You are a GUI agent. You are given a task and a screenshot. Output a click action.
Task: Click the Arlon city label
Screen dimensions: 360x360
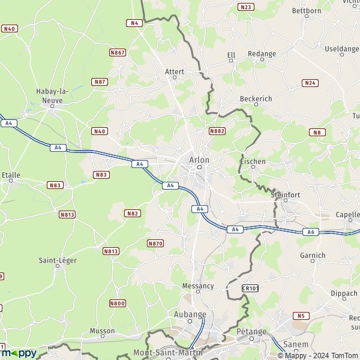pyautogui.click(x=199, y=160)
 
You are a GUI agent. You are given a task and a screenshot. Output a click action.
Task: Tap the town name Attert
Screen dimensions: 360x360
pyautogui.click(x=175, y=71)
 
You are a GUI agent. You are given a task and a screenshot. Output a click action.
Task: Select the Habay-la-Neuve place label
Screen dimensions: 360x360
pyautogui.click(x=52, y=95)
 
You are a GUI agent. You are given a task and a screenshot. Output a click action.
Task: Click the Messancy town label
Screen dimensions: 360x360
pyautogui.click(x=197, y=286)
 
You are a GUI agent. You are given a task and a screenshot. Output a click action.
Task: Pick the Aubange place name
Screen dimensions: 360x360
pyautogui.click(x=190, y=314)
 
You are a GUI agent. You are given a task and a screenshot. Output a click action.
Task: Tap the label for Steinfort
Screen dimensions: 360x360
pyautogui.click(x=284, y=194)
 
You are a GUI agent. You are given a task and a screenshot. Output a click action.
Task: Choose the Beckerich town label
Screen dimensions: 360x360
pyautogui.click(x=256, y=98)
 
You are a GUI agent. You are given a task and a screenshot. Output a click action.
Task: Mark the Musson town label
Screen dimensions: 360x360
pyautogui.click(x=101, y=331)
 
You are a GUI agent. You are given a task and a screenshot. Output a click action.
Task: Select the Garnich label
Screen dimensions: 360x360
pyautogui.click(x=313, y=255)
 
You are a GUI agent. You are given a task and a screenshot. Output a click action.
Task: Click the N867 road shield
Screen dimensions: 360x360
pyautogui.click(x=118, y=53)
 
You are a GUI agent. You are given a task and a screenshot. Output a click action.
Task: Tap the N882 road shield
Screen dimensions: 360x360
pyautogui.click(x=217, y=130)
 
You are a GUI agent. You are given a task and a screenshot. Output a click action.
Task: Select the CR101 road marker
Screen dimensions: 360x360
pyautogui.click(x=250, y=289)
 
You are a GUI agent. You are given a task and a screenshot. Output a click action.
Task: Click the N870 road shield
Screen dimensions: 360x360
pyautogui.click(x=155, y=243)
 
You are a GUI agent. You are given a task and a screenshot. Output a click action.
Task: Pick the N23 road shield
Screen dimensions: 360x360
pyautogui.click(x=245, y=7)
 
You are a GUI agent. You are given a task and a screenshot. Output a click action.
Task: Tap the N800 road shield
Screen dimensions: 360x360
pyautogui.click(x=118, y=304)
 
